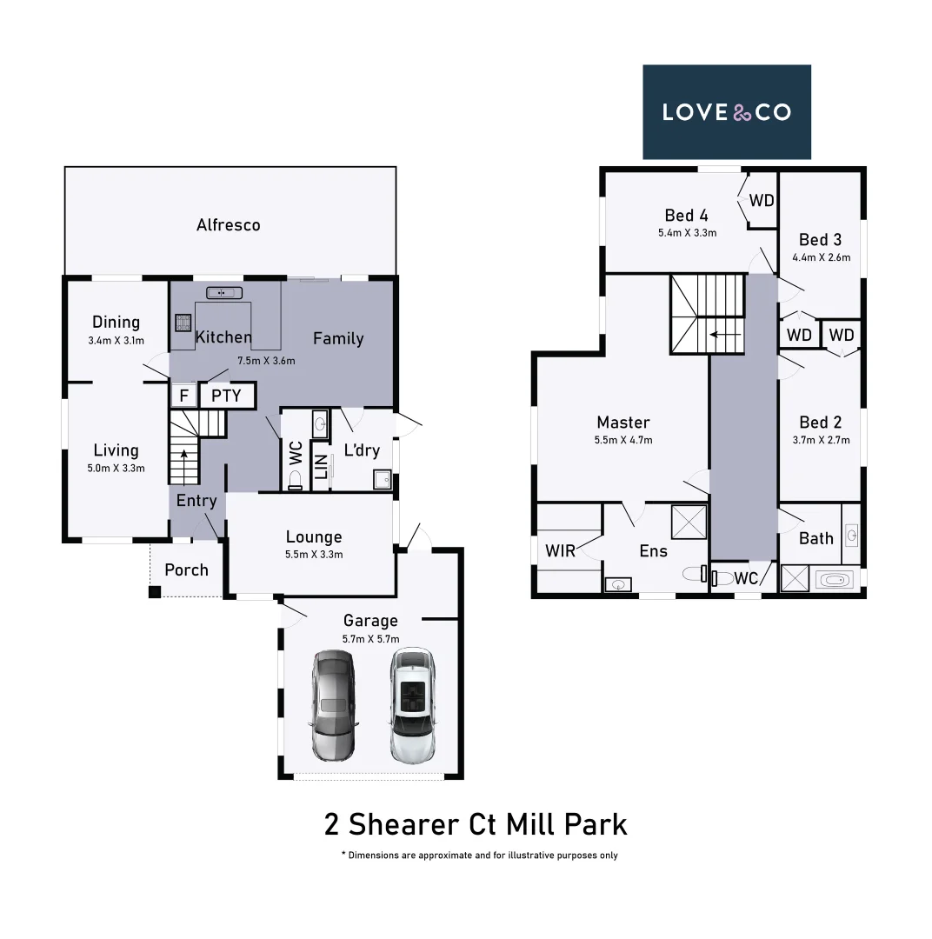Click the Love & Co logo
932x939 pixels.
(726, 112)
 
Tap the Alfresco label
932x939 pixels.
(228, 225)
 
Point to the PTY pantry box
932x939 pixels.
(227, 396)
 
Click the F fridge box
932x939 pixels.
(183, 396)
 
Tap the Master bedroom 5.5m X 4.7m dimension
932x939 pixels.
(622, 441)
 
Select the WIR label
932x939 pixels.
(560, 551)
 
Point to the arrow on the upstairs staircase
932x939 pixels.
(725, 333)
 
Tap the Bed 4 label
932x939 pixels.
(686, 216)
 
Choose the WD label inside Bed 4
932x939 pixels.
(762, 201)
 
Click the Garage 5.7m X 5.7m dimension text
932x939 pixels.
(370, 639)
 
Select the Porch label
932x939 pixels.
(186, 570)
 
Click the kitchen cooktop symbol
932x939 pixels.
(183, 323)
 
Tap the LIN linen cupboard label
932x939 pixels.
(320, 467)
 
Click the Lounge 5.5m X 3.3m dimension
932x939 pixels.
(314, 554)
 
